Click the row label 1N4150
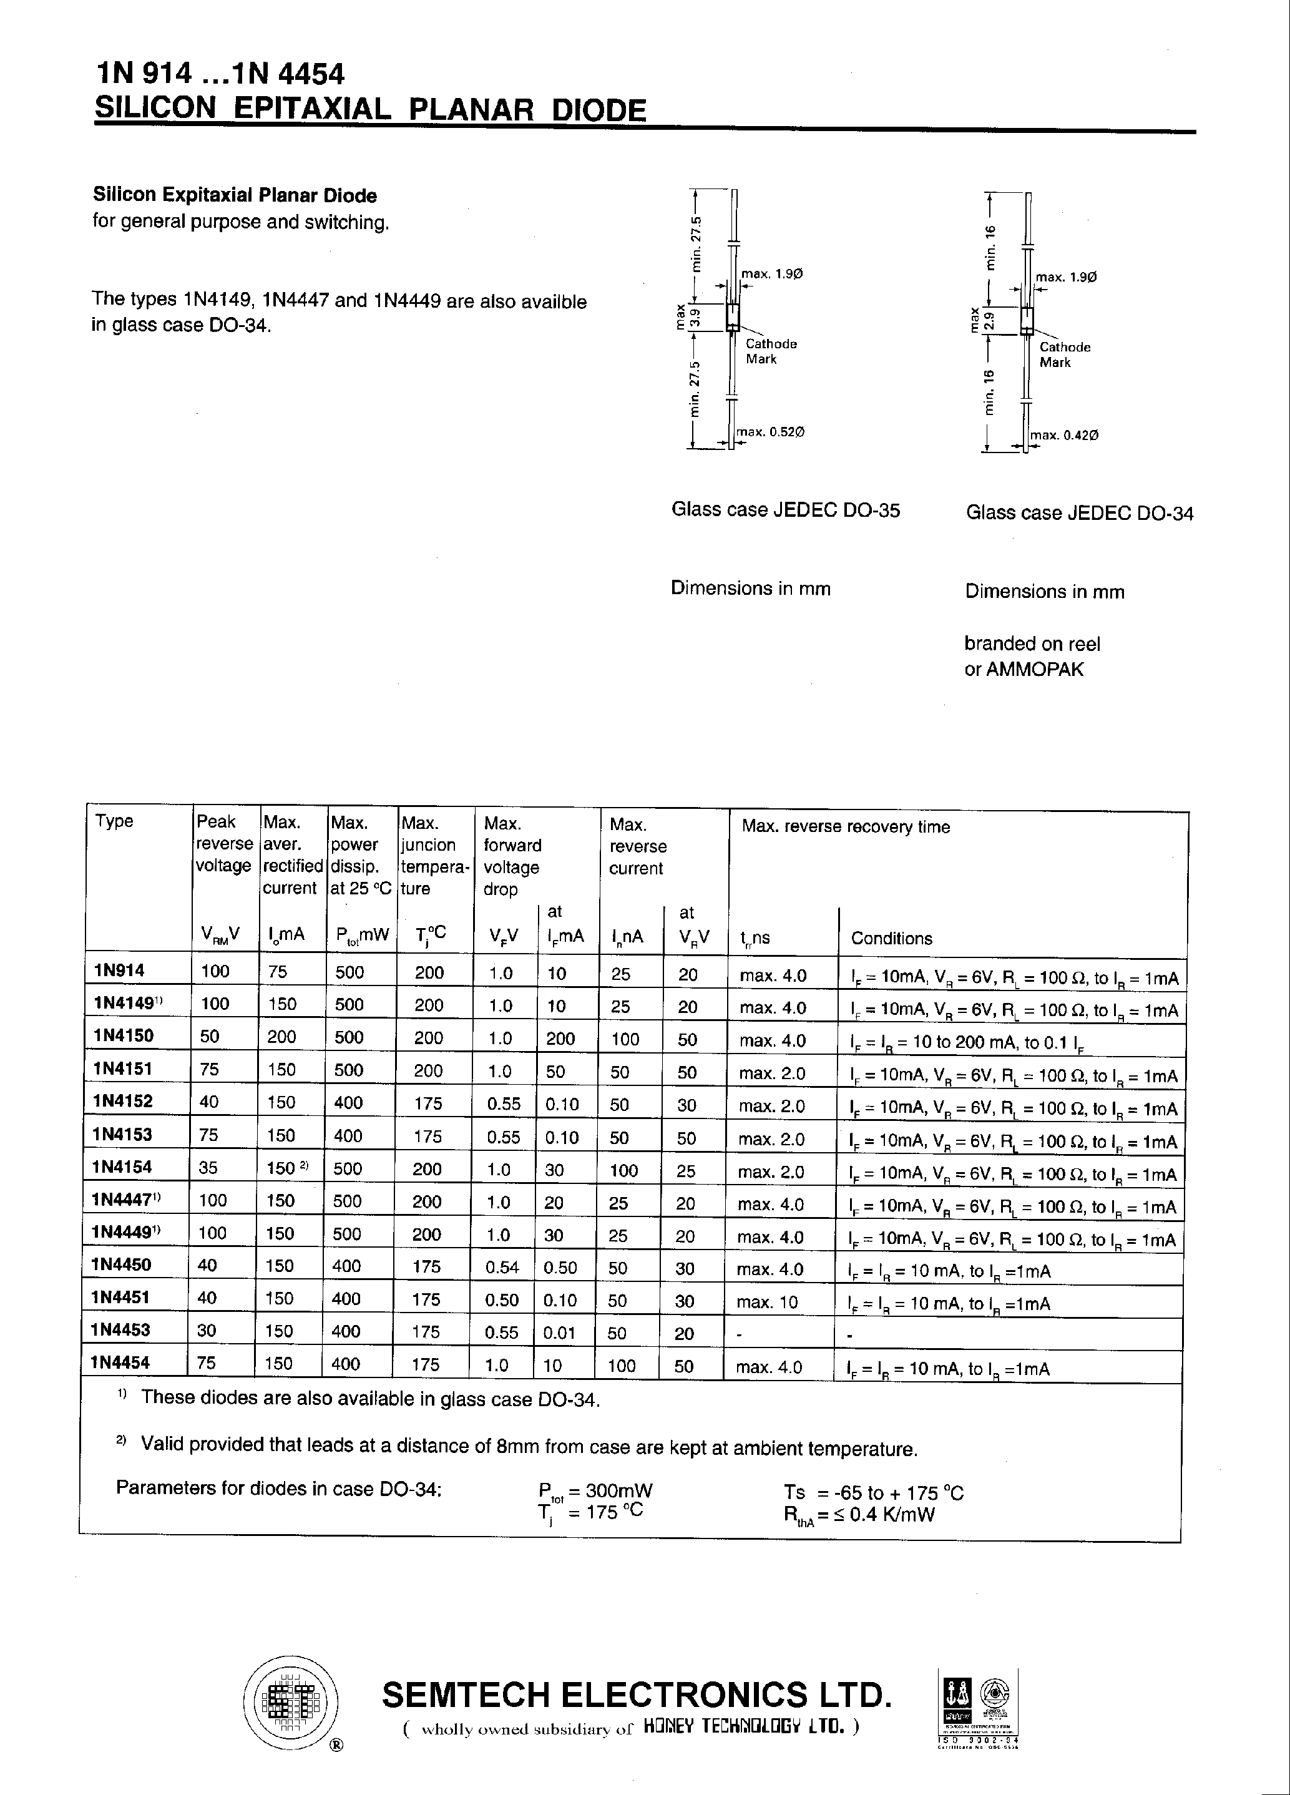click(123, 1035)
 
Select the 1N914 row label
click(119, 971)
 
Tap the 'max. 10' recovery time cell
click(767, 1302)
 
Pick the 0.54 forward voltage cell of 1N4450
click(502, 1267)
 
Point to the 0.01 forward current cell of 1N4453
click(560, 1332)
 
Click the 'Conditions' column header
click(891, 938)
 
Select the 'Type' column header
click(115, 821)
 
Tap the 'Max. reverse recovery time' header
click(845, 826)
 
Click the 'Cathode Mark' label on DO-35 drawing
click(770, 351)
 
